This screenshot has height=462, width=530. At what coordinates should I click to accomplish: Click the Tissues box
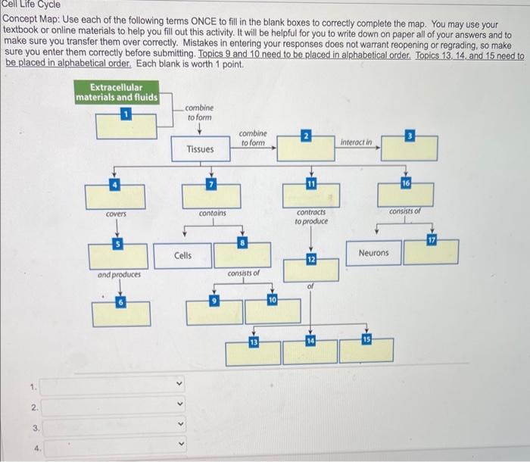201,149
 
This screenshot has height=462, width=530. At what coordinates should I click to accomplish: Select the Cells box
182,256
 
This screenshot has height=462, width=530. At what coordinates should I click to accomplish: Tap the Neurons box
373,252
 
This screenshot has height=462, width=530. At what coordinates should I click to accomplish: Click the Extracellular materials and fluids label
117,92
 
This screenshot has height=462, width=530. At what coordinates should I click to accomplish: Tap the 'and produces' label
119,274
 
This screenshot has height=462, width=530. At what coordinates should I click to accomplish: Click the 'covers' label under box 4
117,214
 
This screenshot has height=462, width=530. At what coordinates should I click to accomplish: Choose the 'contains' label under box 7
212,214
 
